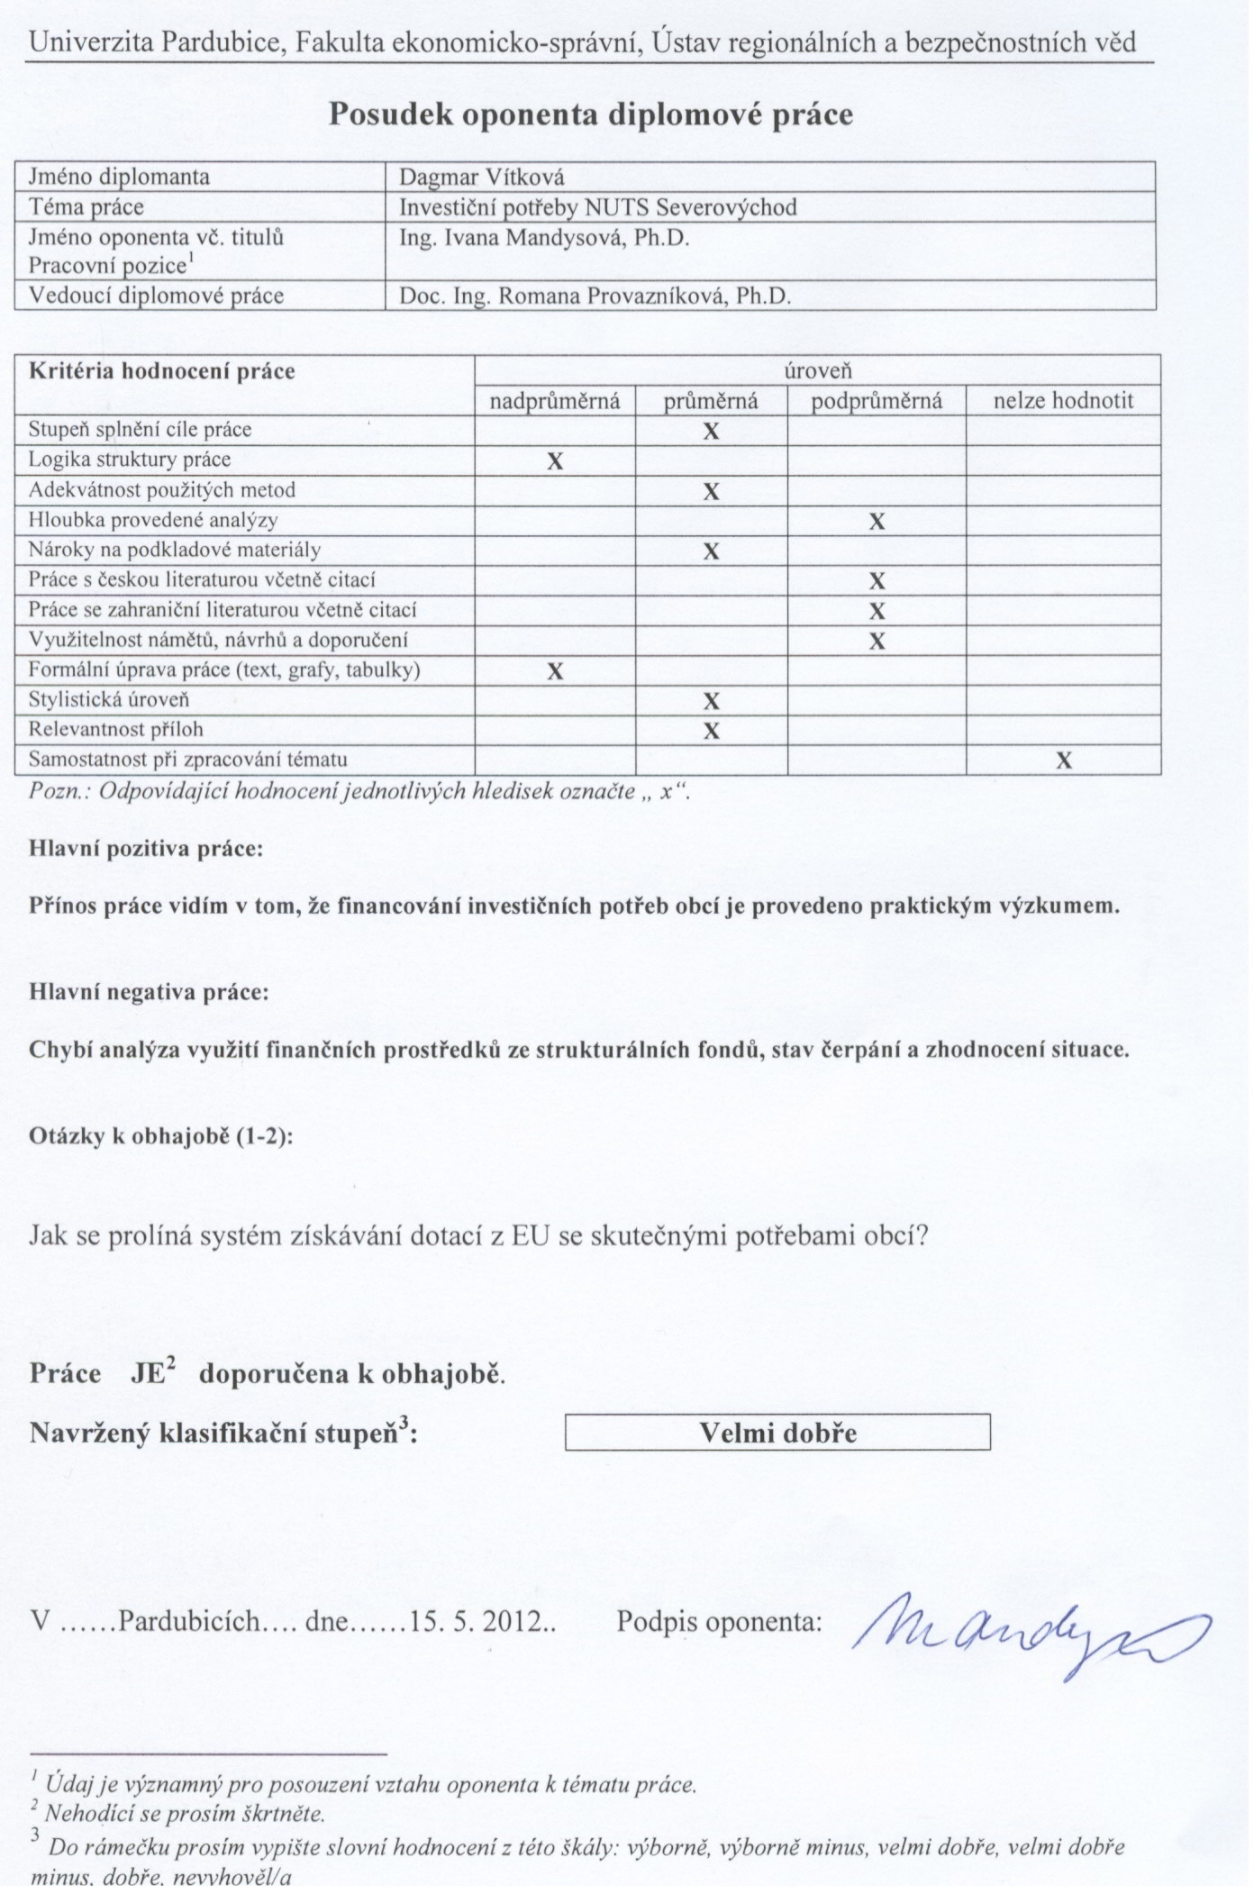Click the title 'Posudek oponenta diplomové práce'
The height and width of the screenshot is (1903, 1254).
pos(590,114)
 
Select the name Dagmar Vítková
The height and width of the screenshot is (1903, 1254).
pos(482,177)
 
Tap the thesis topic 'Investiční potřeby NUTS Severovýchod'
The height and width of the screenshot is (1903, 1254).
pos(598,207)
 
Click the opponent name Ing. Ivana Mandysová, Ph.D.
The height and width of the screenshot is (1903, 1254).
pos(544,238)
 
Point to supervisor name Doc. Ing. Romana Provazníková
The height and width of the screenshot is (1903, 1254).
pos(595,296)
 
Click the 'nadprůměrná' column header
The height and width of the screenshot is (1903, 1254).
pos(555,401)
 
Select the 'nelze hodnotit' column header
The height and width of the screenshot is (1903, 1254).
pos(1063,401)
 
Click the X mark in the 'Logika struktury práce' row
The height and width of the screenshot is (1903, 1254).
pos(555,461)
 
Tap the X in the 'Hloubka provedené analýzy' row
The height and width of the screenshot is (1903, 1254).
pos(877,521)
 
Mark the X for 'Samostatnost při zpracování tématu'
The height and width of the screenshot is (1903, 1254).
pos(1063,760)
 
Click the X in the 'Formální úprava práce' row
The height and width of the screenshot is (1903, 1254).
pos(555,671)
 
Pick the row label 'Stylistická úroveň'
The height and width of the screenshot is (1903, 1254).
pos(109,700)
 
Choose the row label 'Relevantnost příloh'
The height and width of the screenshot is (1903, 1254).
pos(115,730)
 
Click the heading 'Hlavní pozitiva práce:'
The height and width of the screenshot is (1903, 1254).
pos(146,849)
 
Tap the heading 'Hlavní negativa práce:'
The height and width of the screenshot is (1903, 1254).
pos(149,993)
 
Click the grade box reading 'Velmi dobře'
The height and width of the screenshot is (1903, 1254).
pos(777,1433)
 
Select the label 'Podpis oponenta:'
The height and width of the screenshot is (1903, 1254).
pos(719,1622)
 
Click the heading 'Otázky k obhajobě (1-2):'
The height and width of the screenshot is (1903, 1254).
pos(161,1136)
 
